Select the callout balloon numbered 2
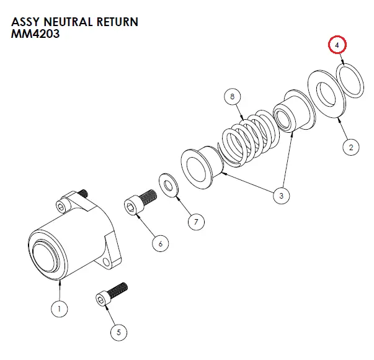pyautogui.click(x=350, y=147)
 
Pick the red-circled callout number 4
pyautogui.click(x=337, y=46)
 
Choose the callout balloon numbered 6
pyautogui.click(x=160, y=244)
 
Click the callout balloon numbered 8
pyautogui.click(x=232, y=97)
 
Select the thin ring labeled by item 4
pyautogui.click(x=351, y=79)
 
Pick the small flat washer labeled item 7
pyautogui.click(x=168, y=185)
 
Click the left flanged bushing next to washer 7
pyautogui.click(x=200, y=168)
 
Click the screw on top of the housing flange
pyautogui.click(x=83, y=194)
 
